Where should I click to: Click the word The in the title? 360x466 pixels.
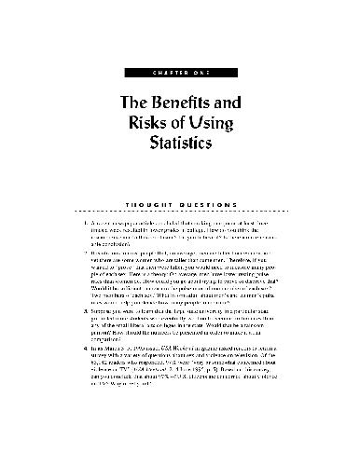(x=134, y=107)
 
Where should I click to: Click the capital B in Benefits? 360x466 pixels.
(x=160, y=107)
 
